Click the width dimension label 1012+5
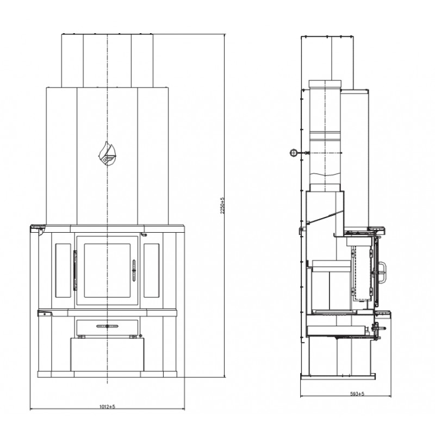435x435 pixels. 107,407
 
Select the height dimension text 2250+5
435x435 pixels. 222,206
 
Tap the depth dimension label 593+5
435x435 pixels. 357,394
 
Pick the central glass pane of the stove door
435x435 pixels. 107,270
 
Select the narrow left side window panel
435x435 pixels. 63,270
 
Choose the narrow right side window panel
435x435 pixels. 152,270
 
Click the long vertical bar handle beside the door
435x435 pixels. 75,270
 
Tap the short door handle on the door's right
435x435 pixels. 134,271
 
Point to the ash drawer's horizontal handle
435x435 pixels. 107,326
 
